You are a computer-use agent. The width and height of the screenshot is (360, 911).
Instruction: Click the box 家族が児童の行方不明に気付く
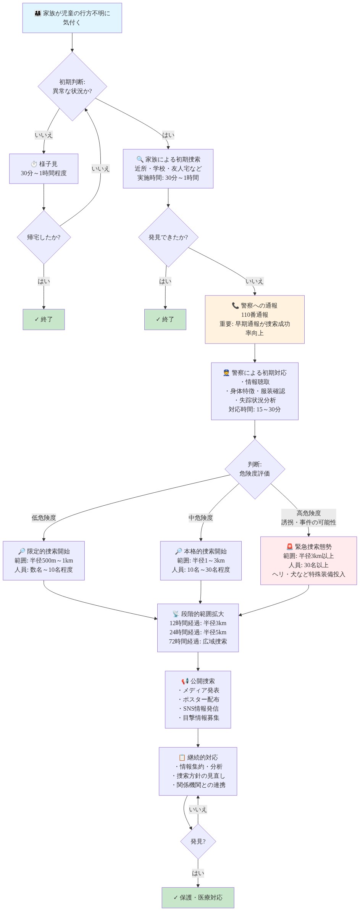pyautogui.click(x=72, y=18)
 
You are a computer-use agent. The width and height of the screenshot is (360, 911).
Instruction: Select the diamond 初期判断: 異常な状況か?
pyautogui.click(x=72, y=87)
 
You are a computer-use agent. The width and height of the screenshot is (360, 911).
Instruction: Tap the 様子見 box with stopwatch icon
pyautogui.click(x=44, y=169)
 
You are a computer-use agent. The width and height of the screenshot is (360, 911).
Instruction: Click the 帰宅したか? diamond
pyautogui.click(x=44, y=237)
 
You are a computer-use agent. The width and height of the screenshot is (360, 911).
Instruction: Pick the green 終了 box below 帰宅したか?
pyautogui.click(x=44, y=319)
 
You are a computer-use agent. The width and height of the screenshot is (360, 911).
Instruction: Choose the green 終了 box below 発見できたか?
pyautogui.click(x=165, y=319)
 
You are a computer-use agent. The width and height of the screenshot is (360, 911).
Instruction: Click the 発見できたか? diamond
pyautogui.click(x=168, y=237)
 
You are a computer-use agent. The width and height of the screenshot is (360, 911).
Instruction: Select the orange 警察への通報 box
pyautogui.click(x=255, y=319)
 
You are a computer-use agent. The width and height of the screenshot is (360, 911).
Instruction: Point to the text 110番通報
pyautogui.click(x=255, y=315)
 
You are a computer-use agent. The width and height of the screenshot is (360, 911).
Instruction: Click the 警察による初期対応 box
pyautogui.click(x=255, y=391)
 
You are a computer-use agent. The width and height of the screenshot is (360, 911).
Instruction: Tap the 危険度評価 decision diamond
pyautogui.click(x=255, y=469)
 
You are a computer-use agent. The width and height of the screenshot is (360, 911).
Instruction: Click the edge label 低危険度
pyautogui.click(x=44, y=518)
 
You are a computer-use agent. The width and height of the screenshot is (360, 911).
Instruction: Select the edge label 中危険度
pyautogui.click(x=200, y=518)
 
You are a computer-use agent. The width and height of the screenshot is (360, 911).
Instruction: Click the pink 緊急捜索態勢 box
pyautogui.click(x=308, y=561)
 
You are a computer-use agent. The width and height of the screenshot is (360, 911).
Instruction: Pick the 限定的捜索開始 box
pyautogui.click(x=44, y=561)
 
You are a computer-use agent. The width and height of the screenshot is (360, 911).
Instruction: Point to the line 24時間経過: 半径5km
pyautogui.click(x=198, y=632)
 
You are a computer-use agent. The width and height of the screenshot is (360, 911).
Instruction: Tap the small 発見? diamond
pyautogui.click(x=198, y=842)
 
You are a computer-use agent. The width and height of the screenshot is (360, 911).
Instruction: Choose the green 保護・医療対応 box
pyautogui.click(x=198, y=898)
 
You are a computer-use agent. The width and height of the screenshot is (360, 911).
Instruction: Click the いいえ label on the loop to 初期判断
pyautogui.click(x=100, y=169)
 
